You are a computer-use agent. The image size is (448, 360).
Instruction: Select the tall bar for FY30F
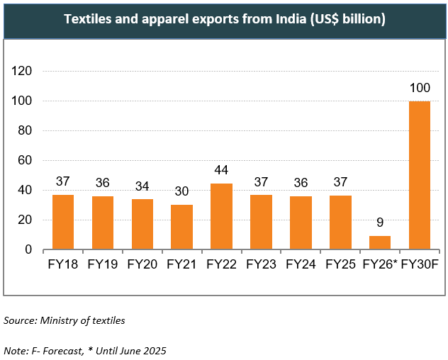[419, 175]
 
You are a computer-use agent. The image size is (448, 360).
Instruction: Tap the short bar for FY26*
[379, 242]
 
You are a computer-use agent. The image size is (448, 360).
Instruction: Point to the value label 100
[420, 89]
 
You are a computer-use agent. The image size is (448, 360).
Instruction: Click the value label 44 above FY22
[221, 171]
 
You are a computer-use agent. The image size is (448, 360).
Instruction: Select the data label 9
[380, 223]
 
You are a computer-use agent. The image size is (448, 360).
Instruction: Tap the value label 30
[181, 191]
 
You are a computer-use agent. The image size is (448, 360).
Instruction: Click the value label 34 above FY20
[142, 186]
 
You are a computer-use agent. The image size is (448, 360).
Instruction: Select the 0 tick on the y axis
[29, 249]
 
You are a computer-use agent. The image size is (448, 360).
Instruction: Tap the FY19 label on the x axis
[103, 265]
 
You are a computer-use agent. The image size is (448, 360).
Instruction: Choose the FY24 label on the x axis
[301, 265]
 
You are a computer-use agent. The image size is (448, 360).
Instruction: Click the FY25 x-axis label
[340, 265]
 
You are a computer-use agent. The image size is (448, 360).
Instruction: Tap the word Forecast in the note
[69, 350]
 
